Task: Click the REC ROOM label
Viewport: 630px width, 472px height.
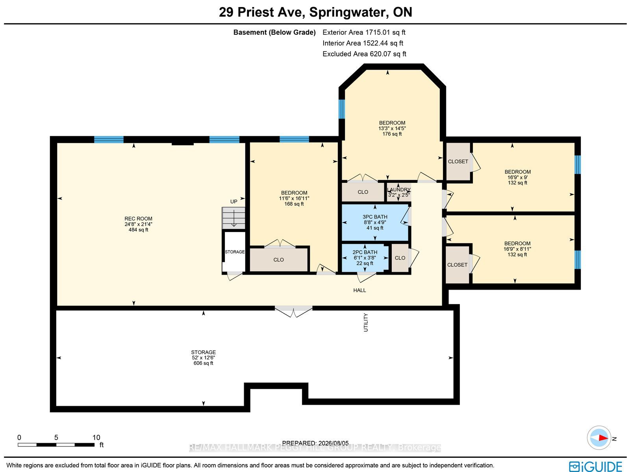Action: pyautogui.click(x=138, y=219)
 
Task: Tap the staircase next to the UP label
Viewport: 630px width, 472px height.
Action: pyautogui.click(x=233, y=218)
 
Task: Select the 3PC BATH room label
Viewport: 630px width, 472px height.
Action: pyautogui.click(x=375, y=217)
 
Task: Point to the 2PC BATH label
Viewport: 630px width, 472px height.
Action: pyautogui.click(x=365, y=252)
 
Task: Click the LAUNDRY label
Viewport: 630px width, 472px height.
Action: pyautogui.click(x=398, y=190)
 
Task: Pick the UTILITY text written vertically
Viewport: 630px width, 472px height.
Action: pyautogui.click(x=366, y=322)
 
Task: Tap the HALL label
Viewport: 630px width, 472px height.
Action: pyautogui.click(x=359, y=290)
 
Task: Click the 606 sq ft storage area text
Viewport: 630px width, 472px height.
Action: pyautogui.click(x=203, y=363)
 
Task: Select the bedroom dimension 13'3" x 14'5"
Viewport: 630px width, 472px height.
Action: pyautogui.click(x=392, y=128)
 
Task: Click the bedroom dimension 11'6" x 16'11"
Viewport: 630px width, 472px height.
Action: pyautogui.click(x=294, y=199)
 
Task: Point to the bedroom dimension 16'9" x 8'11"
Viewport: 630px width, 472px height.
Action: pyautogui.click(x=517, y=249)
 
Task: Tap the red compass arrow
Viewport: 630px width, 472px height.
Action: pyautogui.click(x=603, y=438)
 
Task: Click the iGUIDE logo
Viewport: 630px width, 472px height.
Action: pyautogui.click(x=595, y=466)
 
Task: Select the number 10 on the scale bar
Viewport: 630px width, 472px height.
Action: pyautogui.click(x=96, y=438)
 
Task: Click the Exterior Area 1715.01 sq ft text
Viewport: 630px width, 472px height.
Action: pyautogui.click(x=364, y=32)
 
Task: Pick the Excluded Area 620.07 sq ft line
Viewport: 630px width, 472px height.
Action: pyautogui.click(x=364, y=54)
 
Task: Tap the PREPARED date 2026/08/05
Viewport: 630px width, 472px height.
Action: pyautogui.click(x=333, y=443)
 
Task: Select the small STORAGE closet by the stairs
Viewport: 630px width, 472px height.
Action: pyautogui.click(x=235, y=252)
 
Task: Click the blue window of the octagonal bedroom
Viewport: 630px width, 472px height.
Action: pyautogui.click(x=341, y=109)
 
